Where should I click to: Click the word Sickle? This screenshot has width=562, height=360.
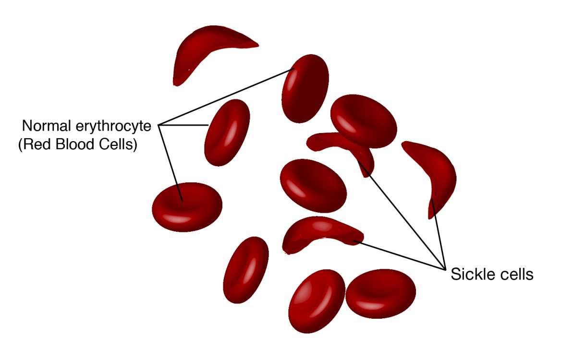(468, 275)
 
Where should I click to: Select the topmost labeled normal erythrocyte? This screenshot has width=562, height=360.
(305, 89)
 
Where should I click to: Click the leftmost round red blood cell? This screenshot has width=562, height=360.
(187, 206)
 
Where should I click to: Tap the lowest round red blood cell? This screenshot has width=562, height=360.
(317, 300)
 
